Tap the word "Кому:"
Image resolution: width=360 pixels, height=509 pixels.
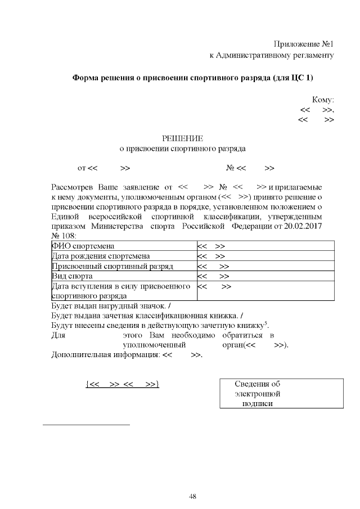(x=323, y=98)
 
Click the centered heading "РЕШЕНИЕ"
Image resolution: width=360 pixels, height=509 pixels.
(x=182, y=138)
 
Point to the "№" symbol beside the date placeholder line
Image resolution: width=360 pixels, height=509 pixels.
(x=230, y=168)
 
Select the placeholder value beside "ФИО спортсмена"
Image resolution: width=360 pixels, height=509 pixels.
(x=212, y=246)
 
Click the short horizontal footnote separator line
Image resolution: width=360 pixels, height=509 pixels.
(x=86, y=424)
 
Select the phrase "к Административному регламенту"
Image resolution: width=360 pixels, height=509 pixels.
(x=272, y=55)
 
